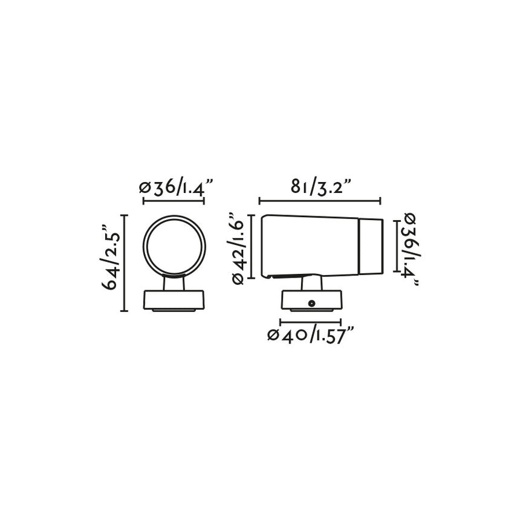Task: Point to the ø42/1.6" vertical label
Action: pos(237,249)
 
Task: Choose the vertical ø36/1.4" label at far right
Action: pos(409,249)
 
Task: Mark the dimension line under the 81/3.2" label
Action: pos(319,201)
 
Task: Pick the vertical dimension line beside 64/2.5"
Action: pos(125,263)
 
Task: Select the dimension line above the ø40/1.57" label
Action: pos(311,322)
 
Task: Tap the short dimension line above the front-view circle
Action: pos(173,201)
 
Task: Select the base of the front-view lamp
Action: pos(174,301)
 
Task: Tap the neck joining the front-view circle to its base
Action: pos(174,283)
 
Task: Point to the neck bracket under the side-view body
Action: pos(311,283)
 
